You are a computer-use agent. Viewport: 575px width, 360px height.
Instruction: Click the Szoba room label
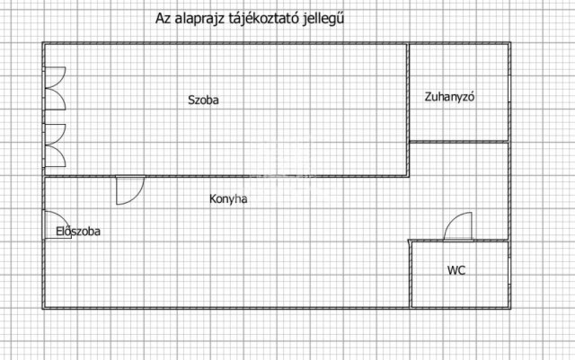203,100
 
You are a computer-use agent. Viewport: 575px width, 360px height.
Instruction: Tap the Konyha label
228,199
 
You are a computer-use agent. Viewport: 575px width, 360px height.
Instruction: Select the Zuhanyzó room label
449,97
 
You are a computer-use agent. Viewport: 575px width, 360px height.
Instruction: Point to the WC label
456,270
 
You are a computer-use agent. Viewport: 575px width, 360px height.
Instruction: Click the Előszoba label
78,232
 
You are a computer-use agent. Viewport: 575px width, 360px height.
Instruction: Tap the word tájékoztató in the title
264,18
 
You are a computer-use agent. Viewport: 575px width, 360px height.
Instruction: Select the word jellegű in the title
323,18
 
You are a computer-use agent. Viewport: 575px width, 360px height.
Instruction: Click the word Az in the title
164,18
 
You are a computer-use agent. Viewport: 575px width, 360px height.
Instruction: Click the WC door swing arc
457,226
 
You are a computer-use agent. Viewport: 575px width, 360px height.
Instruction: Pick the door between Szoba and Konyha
130,190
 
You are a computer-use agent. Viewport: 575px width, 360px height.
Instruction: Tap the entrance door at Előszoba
57,225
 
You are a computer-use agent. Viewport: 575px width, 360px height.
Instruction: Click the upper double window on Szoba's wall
55,88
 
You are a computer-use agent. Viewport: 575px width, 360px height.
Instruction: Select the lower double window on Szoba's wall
55,145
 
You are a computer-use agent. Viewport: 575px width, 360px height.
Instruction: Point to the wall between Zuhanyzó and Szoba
408,110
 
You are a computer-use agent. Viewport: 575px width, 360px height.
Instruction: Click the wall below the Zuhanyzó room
459,142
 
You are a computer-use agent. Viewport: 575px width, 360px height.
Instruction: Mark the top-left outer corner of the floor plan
42,42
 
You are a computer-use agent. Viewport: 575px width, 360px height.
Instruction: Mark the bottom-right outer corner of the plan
510,309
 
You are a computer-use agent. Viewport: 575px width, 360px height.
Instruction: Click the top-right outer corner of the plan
510,42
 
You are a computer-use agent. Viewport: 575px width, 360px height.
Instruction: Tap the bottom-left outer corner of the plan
42,309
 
